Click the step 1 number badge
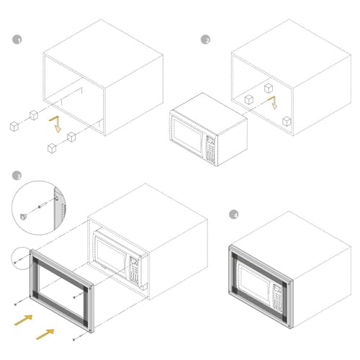17,40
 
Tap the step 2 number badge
205,40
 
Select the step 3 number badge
17,176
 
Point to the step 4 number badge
234,215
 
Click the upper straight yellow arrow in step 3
24,320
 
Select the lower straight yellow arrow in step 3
45,334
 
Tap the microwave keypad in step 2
210,150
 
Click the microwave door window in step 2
188,135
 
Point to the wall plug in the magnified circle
42,205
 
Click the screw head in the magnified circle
23,217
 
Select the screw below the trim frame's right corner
74,339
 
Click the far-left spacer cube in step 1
14,127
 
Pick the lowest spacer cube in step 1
52,148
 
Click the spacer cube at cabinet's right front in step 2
287,122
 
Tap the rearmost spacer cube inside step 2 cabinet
269,89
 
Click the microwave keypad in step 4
277,297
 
